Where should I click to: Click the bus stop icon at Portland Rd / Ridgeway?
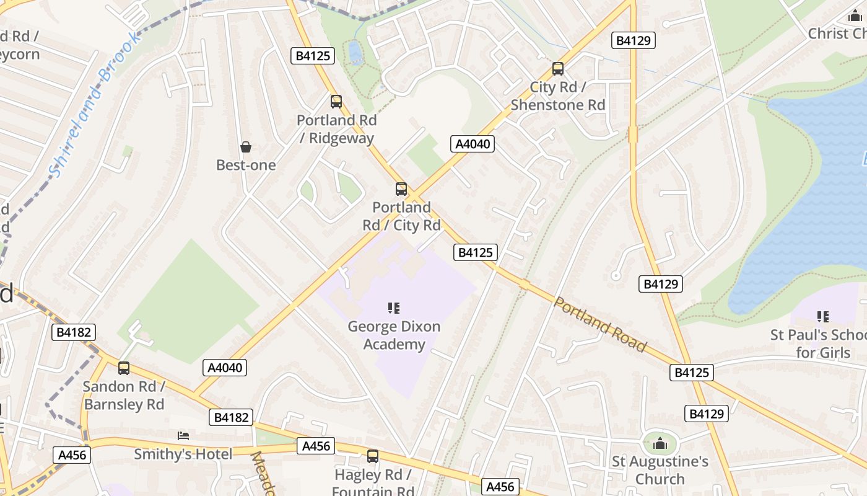pyautogui.click(x=336, y=101)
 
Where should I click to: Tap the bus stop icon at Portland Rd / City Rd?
pyautogui.click(x=401, y=189)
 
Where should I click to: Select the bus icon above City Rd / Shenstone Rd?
pyautogui.click(x=558, y=69)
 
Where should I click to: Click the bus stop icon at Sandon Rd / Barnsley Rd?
pyautogui.click(x=124, y=368)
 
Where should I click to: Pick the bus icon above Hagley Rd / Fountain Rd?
pyautogui.click(x=373, y=456)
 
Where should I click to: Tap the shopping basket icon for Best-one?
pyautogui.click(x=246, y=147)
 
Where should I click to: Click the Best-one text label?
pyautogui.click(x=246, y=165)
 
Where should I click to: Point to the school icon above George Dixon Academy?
pyautogui.click(x=394, y=308)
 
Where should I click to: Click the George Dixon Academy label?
pyautogui.click(x=394, y=335)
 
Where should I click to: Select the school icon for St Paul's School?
pyautogui.click(x=823, y=317)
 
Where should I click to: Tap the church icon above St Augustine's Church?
pyautogui.click(x=660, y=443)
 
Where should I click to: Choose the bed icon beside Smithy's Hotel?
pyautogui.click(x=183, y=435)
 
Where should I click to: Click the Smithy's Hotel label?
pyautogui.click(x=183, y=454)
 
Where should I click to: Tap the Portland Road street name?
pyautogui.click(x=599, y=325)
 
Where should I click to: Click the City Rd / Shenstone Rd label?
pyautogui.click(x=558, y=96)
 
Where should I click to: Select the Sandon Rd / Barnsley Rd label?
pyautogui.click(x=124, y=395)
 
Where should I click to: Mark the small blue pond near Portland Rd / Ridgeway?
pyautogui.click(x=355, y=52)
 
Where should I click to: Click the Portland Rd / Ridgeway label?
pyautogui.click(x=336, y=129)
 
